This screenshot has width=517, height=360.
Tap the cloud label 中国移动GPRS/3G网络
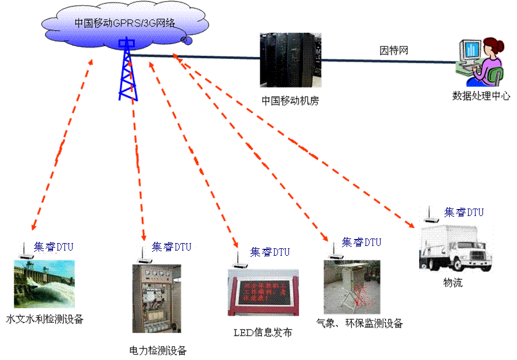click(124, 24)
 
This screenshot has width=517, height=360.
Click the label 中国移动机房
click(290, 101)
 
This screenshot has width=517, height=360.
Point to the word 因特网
click(394, 50)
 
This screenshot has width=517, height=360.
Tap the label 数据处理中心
click(481, 96)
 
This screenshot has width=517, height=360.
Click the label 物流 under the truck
click(453, 283)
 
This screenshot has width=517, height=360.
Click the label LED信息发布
click(263, 332)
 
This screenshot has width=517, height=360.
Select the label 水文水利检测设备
click(44, 319)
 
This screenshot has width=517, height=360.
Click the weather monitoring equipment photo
click(352, 286)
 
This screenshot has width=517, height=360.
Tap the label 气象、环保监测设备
click(360, 323)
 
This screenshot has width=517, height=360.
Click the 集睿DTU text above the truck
click(464, 213)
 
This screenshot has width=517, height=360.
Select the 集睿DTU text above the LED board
click(270, 252)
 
